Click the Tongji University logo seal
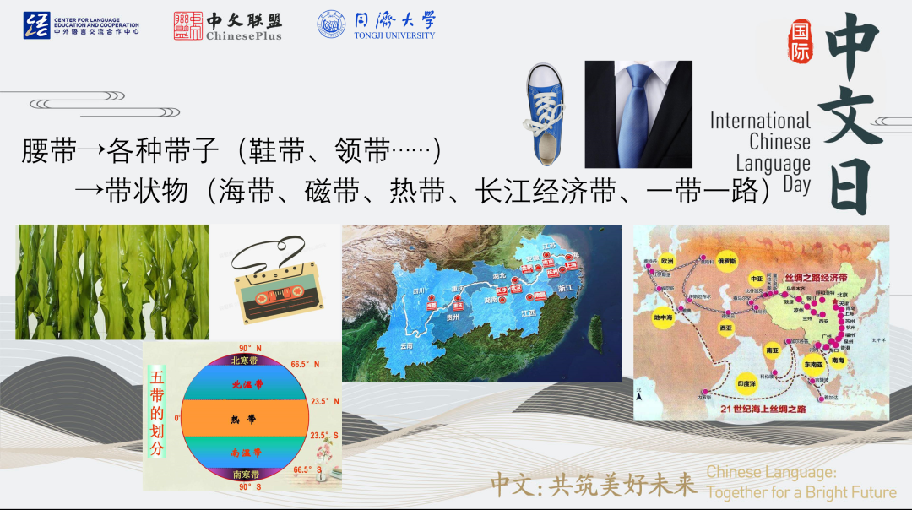331,24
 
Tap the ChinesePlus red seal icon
187,25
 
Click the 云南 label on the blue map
407,347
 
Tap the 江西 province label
529,313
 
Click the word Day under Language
796,184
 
